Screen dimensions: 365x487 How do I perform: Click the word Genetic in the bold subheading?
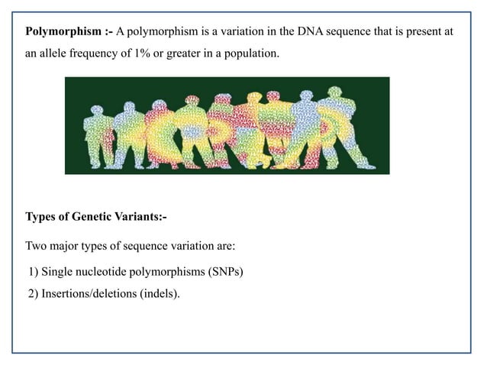(93, 217)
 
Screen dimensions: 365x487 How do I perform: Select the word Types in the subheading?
(42, 217)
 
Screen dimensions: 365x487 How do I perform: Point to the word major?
(66, 247)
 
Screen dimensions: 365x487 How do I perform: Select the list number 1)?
(33, 271)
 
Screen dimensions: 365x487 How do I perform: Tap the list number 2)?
(33, 292)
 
